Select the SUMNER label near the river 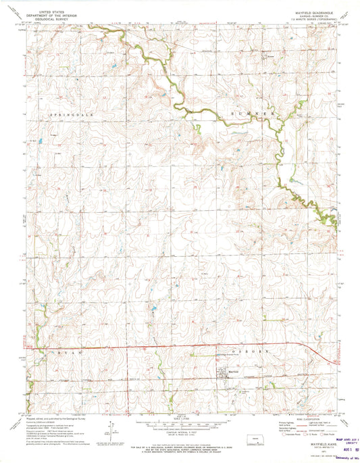(x=254, y=115)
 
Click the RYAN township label (x=65, y=354)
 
